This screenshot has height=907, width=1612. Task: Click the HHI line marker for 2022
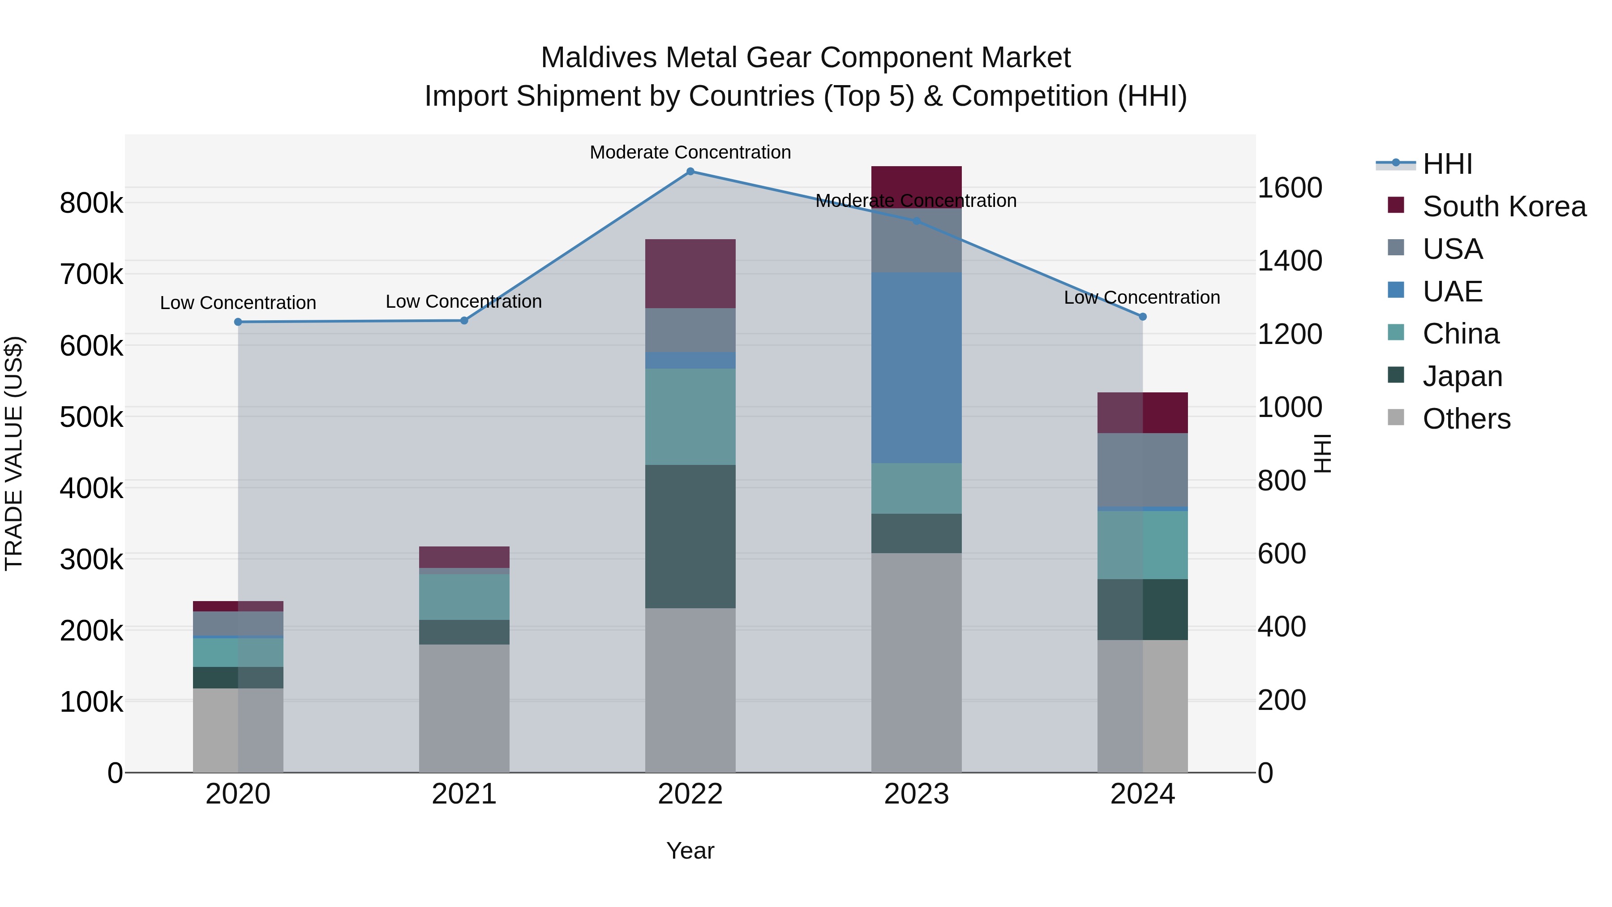click(x=690, y=172)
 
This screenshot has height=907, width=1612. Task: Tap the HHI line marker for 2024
click(x=1143, y=317)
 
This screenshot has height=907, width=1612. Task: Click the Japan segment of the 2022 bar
click(x=690, y=537)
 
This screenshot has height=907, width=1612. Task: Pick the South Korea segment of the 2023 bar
click(x=916, y=186)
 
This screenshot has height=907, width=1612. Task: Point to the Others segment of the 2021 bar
click(x=464, y=708)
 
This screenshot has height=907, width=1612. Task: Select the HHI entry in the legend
click(x=1447, y=164)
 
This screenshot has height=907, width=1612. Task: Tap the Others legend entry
click(x=1466, y=419)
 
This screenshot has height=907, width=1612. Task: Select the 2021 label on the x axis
click(x=464, y=794)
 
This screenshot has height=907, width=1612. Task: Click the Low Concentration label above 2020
click(x=238, y=303)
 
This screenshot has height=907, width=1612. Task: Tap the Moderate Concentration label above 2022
click(x=690, y=152)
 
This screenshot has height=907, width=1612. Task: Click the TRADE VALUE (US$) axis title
click(x=14, y=453)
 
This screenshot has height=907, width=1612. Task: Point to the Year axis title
click(x=690, y=851)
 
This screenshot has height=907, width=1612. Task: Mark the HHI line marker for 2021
click(x=464, y=321)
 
